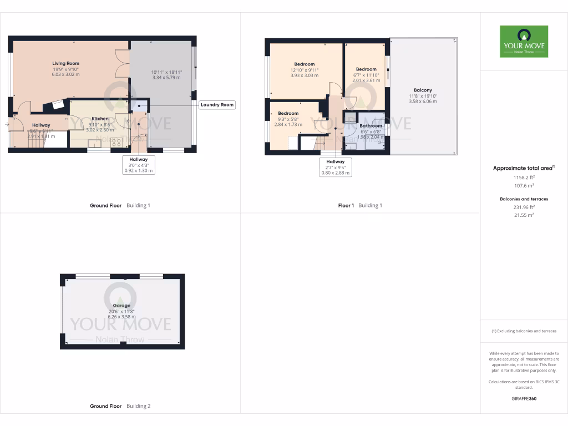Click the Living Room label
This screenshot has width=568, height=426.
(x=65, y=64)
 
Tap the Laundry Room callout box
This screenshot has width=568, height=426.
(x=217, y=104)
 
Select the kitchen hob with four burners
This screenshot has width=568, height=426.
(x=117, y=142)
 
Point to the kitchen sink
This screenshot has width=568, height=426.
(x=94, y=144)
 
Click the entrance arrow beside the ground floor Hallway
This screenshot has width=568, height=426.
(x=6, y=125)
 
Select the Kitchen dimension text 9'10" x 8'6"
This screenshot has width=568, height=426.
(x=100, y=124)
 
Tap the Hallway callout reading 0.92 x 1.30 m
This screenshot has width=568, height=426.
(x=138, y=171)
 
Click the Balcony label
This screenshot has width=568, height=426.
(x=422, y=90)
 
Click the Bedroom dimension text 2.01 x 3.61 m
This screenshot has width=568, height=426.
(x=366, y=80)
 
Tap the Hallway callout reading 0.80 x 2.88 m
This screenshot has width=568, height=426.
(x=335, y=173)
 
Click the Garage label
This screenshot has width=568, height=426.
(x=121, y=306)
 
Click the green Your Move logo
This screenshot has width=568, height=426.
(x=524, y=41)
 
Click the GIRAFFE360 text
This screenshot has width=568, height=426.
(x=524, y=398)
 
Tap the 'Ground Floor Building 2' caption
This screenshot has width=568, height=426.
(x=120, y=406)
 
